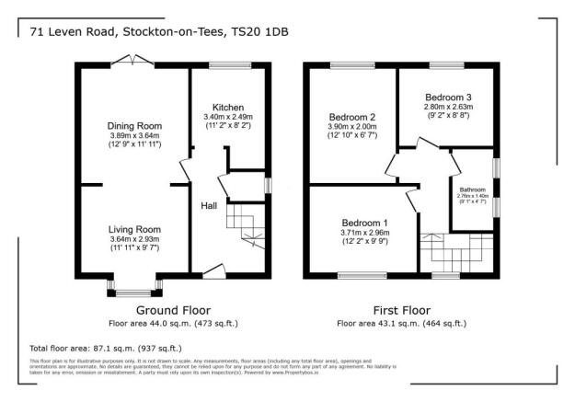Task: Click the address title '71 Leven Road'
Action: click(x=69, y=31)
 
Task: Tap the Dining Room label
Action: click(x=135, y=126)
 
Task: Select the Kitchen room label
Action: click(x=227, y=107)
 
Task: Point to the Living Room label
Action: click(x=135, y=229)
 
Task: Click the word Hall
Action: click(x=208, y=205)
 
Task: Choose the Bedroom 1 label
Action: click(x=365, y=223)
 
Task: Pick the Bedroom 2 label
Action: click(x=352, y=117)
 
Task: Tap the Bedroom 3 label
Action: click(x=448, y=97)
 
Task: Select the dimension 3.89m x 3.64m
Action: click(x=135, y=136)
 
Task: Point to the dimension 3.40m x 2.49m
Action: click(x=227, y=117)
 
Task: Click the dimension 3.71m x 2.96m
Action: click(x=365, y=233)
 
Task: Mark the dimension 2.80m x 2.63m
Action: click(x=448, y=107)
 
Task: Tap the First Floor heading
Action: click(x=401, y=310)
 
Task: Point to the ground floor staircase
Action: click(x=243, y=223)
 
